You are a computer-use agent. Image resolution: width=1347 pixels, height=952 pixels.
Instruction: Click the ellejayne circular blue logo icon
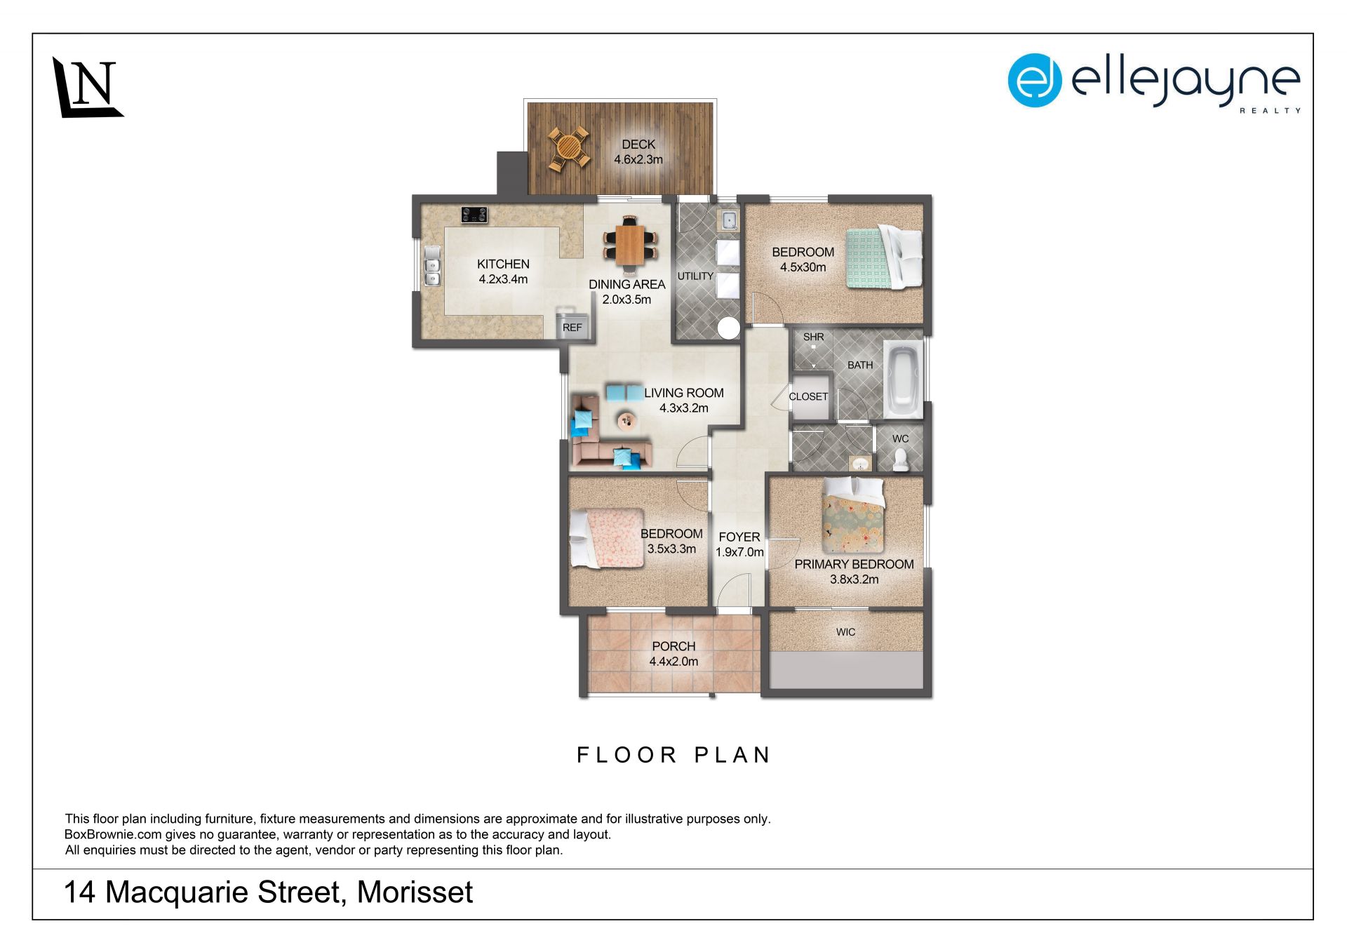(x=1035, y=81)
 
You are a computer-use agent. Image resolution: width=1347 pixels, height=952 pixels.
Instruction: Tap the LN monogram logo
(x=88, y=87)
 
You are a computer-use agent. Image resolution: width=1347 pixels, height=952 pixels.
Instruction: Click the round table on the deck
(x=568, y=148)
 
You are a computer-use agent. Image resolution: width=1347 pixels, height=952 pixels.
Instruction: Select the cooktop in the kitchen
(x=474, y=215)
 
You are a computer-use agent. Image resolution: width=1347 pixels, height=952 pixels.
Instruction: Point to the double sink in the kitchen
(x=432, y=266)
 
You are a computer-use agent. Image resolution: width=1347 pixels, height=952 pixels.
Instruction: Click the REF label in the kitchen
(x=572, y=328)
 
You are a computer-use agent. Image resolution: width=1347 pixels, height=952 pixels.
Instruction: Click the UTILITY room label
(x=695, y=276)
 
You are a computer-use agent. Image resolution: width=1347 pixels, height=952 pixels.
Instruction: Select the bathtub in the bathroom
(x=903, y=378)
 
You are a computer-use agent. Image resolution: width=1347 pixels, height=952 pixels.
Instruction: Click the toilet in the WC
(x=901, y=460)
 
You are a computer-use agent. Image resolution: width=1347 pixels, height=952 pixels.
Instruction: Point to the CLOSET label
(x=808, y=396)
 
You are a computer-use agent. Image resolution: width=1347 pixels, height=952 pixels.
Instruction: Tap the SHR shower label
(x=814, y=337)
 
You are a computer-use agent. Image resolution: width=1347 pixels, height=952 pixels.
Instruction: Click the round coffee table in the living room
(x=626, y=420)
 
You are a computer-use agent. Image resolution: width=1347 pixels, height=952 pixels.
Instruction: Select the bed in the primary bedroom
(x=853, y=515)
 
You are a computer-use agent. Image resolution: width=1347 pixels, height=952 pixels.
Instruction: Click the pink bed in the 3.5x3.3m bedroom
(x=606, y=538)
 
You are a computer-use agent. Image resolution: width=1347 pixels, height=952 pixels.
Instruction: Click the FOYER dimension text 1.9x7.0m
(x=739, y=552)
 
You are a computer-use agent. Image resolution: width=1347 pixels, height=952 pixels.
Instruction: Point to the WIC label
(x=845, y=632)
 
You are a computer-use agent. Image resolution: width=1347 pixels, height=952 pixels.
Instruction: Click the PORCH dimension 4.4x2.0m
(x=673, y=662)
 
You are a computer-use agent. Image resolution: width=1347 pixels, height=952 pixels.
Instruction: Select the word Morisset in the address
(x=415, y=892)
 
